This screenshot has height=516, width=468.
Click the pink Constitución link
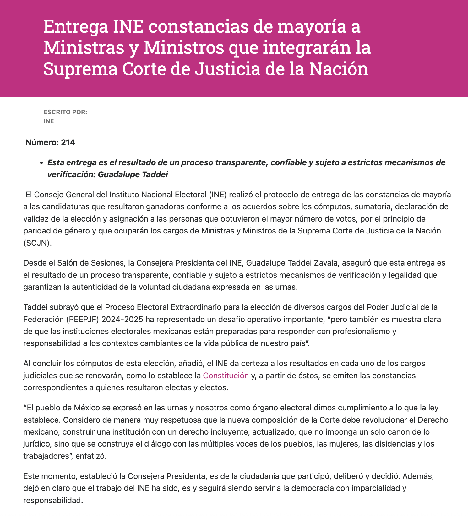tap(226, 376)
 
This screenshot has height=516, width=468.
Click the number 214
tap(68, 143)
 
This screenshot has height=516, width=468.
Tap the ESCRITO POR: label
tap(65, 112)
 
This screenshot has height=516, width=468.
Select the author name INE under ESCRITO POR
tap(49, 121)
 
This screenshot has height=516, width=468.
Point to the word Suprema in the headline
tap(80, 69)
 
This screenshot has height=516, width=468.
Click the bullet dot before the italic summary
tap(41, 163)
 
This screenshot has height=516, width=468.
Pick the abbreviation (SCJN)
tap(37, 243)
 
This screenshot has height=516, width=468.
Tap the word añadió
tap(192, 364)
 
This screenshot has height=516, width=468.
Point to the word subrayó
tap(58, 307)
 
